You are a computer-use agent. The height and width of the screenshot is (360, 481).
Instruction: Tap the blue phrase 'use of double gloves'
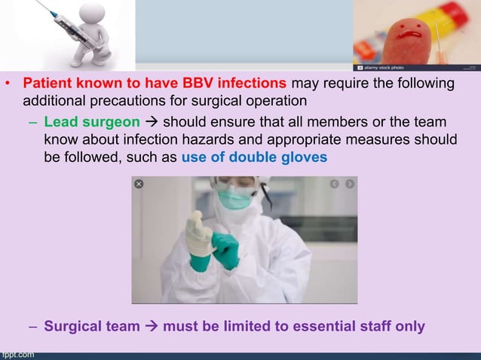(x=254, y=157)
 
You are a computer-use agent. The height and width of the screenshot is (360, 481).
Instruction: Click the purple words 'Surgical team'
(x=91, y=327)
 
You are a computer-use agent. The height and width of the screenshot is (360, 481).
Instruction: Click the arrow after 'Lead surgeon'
(x=151, y=122)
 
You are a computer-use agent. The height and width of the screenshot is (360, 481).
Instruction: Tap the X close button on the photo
(x=139, y=184)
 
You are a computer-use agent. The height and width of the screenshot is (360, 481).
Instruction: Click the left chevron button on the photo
(x=334, y=184)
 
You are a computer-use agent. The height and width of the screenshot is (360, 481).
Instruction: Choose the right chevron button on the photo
(x=350, y=184)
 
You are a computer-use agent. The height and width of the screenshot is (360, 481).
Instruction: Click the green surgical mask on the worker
(x=234, y=198)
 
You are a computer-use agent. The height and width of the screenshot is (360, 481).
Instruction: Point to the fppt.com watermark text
(x=17, y=355)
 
